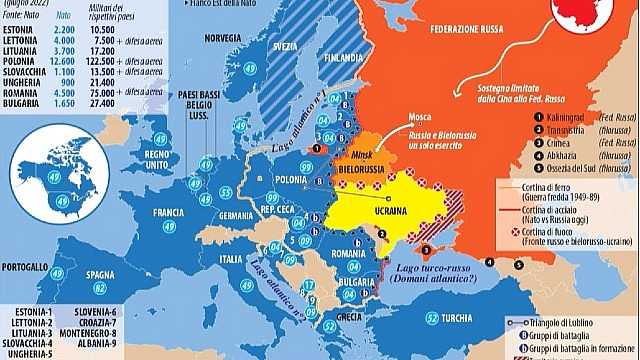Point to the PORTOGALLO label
[24, 269]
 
